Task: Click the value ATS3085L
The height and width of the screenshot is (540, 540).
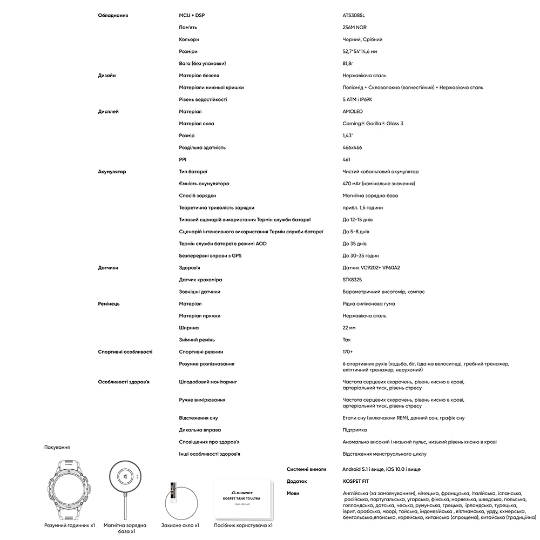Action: click(354, 15)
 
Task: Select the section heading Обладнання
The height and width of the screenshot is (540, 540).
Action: click(113, 15)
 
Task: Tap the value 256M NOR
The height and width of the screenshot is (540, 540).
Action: click(354, 28)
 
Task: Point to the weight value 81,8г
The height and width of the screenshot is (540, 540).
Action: click(349, 63)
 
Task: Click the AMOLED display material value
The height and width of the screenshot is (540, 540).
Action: click(353, 112)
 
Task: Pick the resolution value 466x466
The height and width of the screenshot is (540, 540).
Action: click(352, 147)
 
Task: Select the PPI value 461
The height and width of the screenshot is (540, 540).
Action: click(347, 159)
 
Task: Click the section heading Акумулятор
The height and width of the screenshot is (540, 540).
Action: click(112, 172)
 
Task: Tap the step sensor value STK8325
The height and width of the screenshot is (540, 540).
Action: click(352, 280)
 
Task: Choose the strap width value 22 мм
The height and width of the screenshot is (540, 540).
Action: click(349, 328)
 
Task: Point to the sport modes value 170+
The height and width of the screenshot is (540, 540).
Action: click(348, 352)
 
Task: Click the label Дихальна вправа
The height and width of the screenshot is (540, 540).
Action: click(200, 430)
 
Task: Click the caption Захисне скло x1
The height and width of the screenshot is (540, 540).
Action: click(180, 525)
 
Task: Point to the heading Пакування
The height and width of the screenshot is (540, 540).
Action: click(57, 447)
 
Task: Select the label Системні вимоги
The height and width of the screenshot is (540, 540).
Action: click(306, 469)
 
